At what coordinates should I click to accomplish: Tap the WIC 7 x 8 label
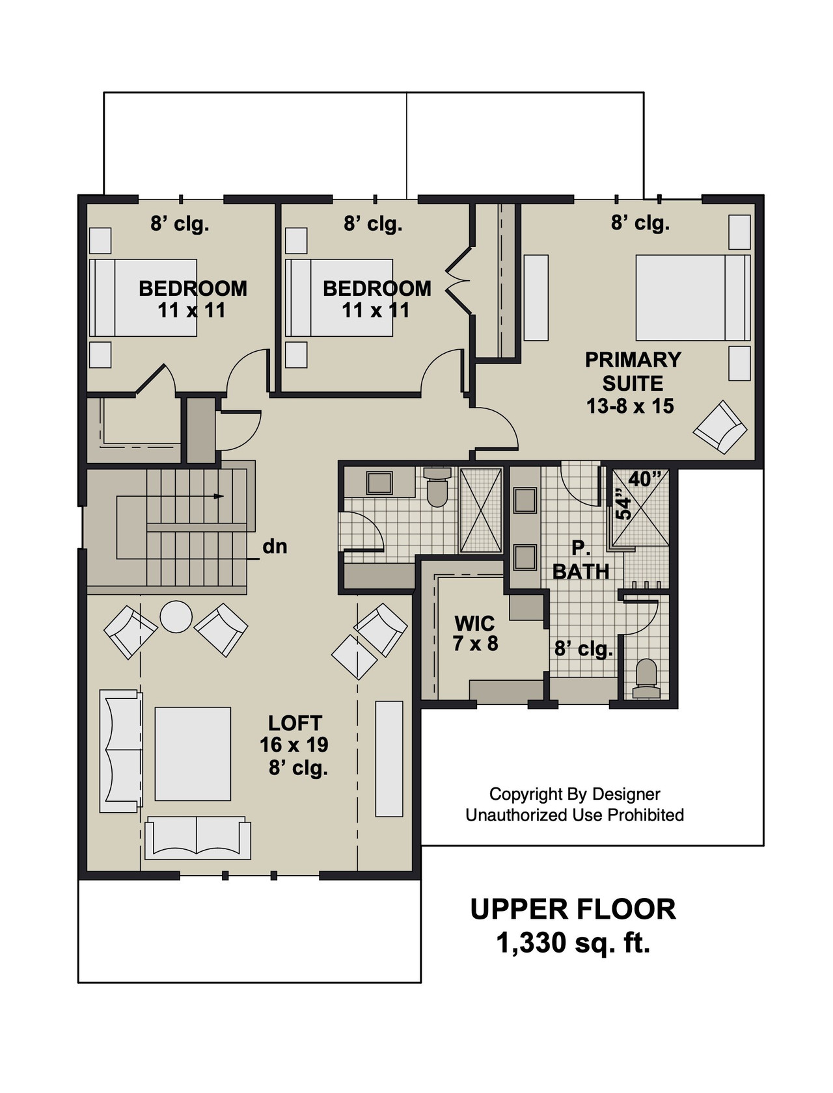click(x=475, y=633)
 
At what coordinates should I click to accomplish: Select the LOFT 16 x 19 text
click(x=295, y=734)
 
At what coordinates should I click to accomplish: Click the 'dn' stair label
click(x=275, y=547)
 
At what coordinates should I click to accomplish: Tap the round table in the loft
click(x=176, y=616)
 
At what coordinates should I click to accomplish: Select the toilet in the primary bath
click(x=646, y=678)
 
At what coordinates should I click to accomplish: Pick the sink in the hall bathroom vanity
click(x=379, y=482)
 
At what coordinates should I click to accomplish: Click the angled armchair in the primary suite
click(x=720, y=427)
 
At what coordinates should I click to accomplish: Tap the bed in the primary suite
click(x=692, y=298)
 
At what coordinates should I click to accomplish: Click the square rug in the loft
click(x=193, y=754)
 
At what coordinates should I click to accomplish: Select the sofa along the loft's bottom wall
click(x=197, y=838)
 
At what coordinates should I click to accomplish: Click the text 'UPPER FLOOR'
click(x=573, y=909)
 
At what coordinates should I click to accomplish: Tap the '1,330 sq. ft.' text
click(x=573, y=942)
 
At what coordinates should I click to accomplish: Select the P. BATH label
click(x=580, y=560)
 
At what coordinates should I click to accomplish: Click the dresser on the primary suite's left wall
click(x=536, y=297)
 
